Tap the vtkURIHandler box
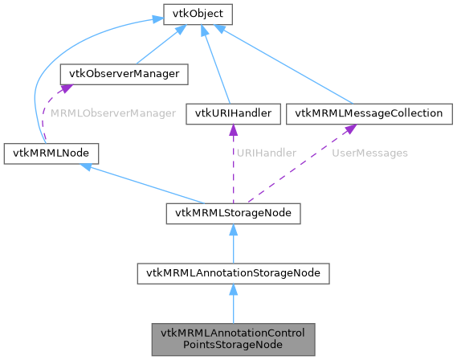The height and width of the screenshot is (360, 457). pyautogui.click(x=232, y=113)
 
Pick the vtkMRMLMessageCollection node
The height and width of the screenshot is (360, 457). pyautogui.click(x=369, y=113)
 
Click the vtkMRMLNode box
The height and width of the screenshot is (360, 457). pyautogui.click(x=51, y=152)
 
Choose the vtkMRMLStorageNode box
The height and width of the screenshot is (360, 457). pyautogui.click(x=233, y=213)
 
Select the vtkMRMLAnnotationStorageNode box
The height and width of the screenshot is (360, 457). pyautogui.click(x=233, y=273)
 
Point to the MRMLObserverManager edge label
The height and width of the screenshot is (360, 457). pyautogui.click(x=113, y=114)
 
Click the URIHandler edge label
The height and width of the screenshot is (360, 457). pyautogui.click(x=267, y=153)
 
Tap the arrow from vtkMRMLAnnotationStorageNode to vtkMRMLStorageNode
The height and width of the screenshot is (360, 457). pyautogui.click(x=233, y=243)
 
